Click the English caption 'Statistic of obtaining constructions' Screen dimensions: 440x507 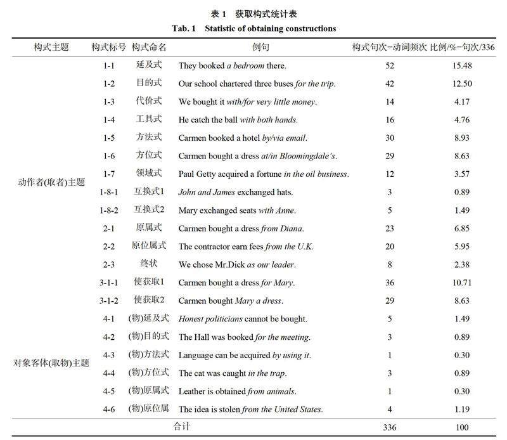click(271, 29)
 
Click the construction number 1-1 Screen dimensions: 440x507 click(108, 65)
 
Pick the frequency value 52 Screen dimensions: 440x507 click(389, 65)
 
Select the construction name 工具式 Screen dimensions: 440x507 click(149, 120)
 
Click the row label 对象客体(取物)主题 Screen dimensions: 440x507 click(51, 363)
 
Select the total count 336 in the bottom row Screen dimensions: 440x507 click(389, 427)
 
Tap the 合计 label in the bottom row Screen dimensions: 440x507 click(182, 427)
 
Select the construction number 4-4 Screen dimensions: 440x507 click(108, 373)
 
